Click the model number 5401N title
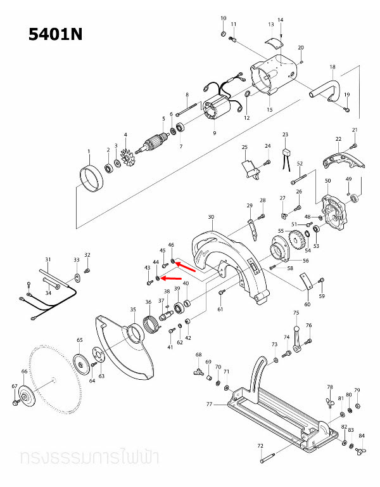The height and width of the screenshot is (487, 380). pos(56,34)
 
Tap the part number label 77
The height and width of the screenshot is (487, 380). pos(209,404)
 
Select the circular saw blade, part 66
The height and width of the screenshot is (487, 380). pos(54,381)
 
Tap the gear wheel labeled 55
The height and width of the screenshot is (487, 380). pos(295,241)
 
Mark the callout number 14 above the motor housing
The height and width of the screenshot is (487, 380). pos(281,20)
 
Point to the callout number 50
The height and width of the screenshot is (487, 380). pos(327,181)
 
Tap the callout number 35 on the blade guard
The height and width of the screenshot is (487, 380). pos(133,309)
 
